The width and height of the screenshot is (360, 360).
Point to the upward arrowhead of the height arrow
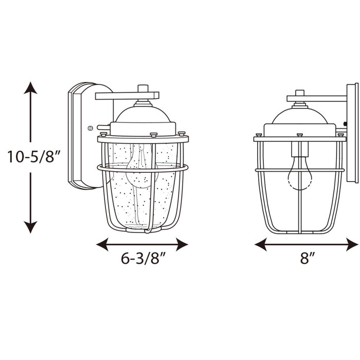[31, 87]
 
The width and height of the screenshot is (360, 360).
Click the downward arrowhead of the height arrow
[31, 227]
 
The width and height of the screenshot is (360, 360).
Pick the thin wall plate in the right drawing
[352, 133]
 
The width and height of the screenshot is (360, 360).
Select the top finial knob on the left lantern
[143, 88]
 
